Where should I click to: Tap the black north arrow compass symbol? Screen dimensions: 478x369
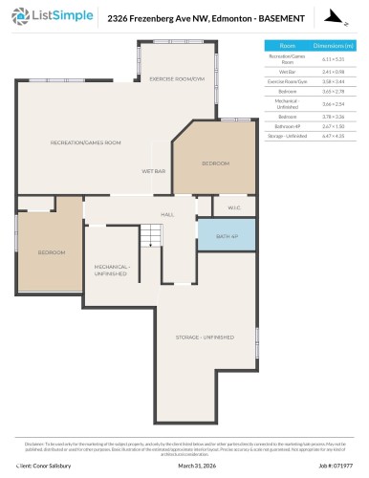pos(331,16)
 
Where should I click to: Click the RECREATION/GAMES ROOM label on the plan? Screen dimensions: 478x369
pos(85,142)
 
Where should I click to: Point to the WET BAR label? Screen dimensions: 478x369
pos(154,171)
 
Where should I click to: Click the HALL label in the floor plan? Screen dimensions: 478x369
pos(167,214)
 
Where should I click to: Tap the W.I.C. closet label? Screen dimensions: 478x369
pos(234,207)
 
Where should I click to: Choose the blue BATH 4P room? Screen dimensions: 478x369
pos(226,235)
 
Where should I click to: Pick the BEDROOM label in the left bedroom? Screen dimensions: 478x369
pos(51,252)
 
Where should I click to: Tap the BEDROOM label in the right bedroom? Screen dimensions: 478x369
pos(215,163)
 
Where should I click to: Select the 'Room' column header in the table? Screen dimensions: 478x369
pos(287,46)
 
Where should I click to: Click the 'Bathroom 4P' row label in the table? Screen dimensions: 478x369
pos(287,125)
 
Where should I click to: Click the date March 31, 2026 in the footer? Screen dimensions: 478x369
pos(184,467)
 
